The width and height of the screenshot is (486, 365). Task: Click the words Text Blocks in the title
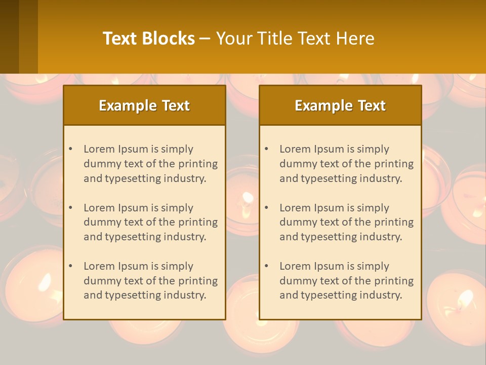(148, 39)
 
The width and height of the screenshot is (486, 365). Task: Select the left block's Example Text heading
(144, 105)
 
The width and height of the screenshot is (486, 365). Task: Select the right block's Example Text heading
(340, 105)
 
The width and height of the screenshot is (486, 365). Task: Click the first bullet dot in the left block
(70, 149)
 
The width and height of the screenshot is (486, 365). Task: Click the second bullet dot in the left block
(70, 208)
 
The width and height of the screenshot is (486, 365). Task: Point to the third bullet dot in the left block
(70, 266)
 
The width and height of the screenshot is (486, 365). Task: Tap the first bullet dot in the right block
(266, 149)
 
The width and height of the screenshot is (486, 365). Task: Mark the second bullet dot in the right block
(266, 208)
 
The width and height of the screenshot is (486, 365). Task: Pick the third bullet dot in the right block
(266, 266)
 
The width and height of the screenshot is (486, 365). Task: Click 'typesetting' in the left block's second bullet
(134, 237)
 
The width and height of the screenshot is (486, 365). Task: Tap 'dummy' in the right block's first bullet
(296, 164)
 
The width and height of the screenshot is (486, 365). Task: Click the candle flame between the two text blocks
(248, 197)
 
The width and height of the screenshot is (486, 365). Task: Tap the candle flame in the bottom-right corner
(464, 298)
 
